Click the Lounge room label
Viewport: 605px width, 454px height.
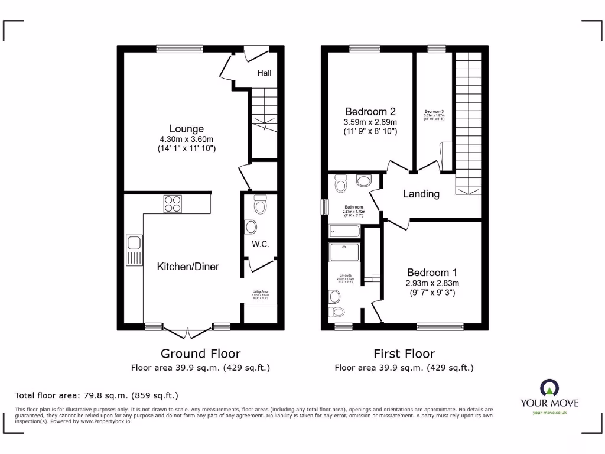(186, 128)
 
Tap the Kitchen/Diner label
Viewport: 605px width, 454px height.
(188, 267)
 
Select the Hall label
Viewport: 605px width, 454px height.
(264, 73)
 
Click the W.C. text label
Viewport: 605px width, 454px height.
(260, 244)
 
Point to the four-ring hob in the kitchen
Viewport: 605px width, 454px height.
(173, 203)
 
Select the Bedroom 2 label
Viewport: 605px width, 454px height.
(370, 111)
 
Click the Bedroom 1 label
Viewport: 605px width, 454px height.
(432, 273)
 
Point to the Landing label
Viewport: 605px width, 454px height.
(421, 194)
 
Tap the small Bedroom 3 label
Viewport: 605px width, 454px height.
(434, 112)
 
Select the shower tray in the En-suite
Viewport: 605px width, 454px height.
(344, 253)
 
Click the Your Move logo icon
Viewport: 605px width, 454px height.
(549, 388)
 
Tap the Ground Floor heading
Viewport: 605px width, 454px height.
(200, 354)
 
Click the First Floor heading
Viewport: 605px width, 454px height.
(404, 354)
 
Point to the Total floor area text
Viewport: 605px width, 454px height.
(96, 395)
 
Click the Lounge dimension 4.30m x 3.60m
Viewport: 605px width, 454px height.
(186, 140)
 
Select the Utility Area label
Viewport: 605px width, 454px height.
(260, 291)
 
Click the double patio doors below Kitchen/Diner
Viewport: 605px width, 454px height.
(187, 331)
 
